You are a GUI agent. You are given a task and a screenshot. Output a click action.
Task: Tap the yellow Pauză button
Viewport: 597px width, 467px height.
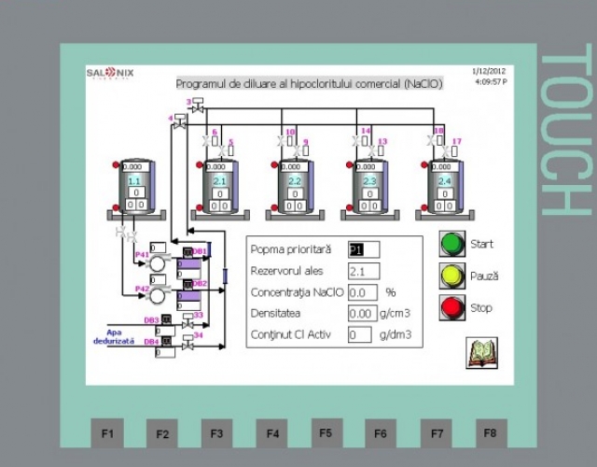452,276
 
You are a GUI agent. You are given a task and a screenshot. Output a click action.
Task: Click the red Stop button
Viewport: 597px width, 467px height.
452,307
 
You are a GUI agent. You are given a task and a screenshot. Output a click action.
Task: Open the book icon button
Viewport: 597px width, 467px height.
481,353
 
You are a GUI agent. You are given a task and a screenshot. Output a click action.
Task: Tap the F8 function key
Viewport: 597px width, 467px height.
491,432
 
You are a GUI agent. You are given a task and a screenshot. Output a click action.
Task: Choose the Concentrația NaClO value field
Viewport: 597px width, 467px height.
362,292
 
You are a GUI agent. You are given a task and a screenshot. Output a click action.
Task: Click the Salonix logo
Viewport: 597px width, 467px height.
112,72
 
